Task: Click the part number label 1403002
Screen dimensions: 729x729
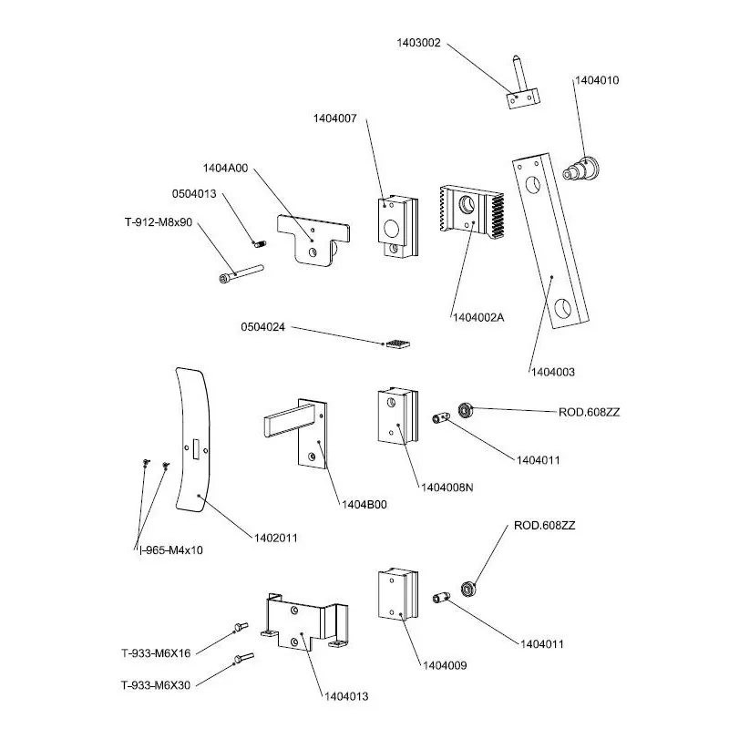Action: pos(418,43)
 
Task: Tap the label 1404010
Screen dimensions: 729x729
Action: pos(596,80)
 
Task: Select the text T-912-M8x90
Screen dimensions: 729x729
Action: pos(158,221)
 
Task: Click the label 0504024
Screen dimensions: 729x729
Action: pos(263,325)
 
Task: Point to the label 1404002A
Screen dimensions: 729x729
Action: pos(478,316)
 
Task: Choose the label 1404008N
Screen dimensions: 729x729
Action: pos(447,488)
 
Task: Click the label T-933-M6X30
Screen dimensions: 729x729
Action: pos(156,685)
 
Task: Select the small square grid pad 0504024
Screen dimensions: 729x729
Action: pos(395,344)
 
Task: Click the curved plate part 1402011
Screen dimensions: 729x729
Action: pos(193,437)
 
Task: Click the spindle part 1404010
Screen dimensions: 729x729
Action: pos(583,169)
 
